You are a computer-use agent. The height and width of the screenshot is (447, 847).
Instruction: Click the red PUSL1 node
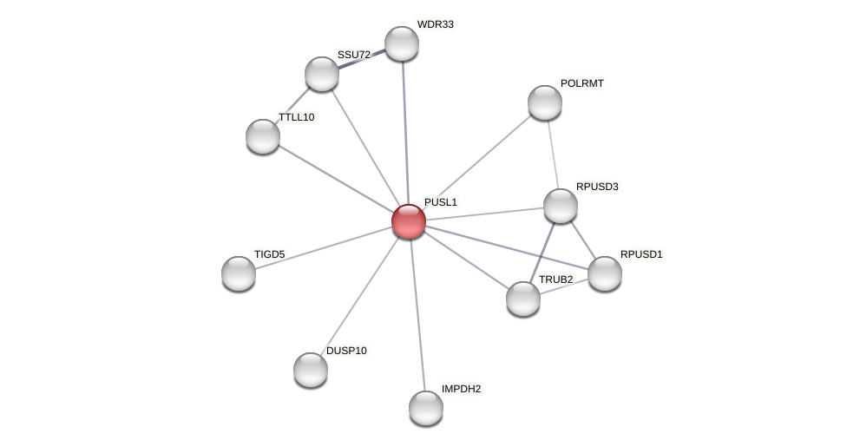click(409, 221)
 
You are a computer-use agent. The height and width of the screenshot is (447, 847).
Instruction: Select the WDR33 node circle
click(402, 43)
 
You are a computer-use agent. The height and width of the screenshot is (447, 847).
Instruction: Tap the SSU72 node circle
click(322, 74)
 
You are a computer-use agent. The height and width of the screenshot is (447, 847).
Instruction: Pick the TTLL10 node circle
click(263, 136)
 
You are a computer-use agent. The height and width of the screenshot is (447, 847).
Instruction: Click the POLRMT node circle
click(545, 102)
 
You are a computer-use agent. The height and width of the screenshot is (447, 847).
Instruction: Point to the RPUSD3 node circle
click(561, 206)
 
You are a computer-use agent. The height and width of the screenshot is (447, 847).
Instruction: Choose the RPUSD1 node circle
click(605, 273)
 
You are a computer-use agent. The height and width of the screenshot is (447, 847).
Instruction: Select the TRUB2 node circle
click(523, 299)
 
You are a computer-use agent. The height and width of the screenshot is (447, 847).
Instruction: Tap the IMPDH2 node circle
click(426, 408)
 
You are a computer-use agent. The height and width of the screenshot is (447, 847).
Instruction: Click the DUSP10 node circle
click(311, 370)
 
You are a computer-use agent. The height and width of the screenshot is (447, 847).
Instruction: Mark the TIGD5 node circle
click(239, 273)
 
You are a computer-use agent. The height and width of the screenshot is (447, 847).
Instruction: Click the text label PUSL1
click(441, 202)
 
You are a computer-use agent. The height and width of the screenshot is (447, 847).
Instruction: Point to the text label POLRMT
click(581, 83)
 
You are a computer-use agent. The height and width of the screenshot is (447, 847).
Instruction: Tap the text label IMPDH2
click(461, 389)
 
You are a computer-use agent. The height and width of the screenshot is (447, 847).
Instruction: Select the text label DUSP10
click(346, 351)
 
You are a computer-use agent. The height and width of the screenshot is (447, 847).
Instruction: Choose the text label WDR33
click(435, 24)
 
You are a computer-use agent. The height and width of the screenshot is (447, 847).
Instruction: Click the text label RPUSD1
click(641, 254)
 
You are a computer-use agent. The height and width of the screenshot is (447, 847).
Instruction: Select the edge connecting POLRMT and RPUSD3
click(553, 154)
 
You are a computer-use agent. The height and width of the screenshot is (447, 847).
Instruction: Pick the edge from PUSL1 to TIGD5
click(324, 247)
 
